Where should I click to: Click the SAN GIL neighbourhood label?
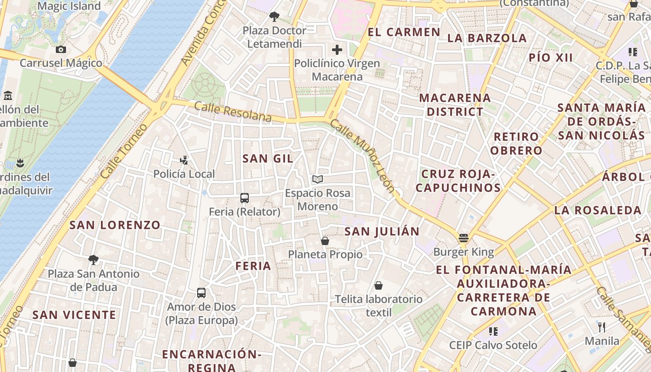click(268, 159)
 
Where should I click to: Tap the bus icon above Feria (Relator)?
click(245, 198)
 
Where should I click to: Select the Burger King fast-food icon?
click(463, 239)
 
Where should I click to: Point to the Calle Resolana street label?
click(232, 112)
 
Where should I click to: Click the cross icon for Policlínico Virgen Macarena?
click(337, 50)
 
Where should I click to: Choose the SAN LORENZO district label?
click(115, 225)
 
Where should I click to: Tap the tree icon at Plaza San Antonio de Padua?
click(93, 260)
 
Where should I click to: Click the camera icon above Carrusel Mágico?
click(61, 50)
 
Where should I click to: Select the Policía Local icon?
click(184, 160)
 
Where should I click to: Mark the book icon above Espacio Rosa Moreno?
click(318, 179)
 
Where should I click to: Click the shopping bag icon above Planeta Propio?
click(325, 241)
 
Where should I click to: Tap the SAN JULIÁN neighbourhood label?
click(382, 231)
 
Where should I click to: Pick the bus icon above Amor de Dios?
click(201, 293)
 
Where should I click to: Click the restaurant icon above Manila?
click(602, 327)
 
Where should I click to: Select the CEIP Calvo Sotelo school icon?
click(493, 332)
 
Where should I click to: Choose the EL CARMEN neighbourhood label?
click(404, 32)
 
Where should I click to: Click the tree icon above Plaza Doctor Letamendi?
click(274, 17)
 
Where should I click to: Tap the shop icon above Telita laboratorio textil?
click(379, 286)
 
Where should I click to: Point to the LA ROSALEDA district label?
click(598, 210)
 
